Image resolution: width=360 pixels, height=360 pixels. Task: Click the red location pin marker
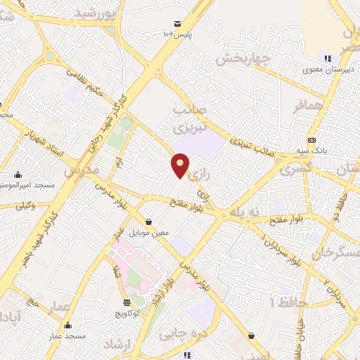181,166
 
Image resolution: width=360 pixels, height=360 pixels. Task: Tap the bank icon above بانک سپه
311,139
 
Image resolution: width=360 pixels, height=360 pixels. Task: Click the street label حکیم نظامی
89,81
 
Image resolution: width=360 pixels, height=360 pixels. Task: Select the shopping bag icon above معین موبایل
148,222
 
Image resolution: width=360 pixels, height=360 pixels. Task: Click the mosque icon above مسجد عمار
67,326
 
